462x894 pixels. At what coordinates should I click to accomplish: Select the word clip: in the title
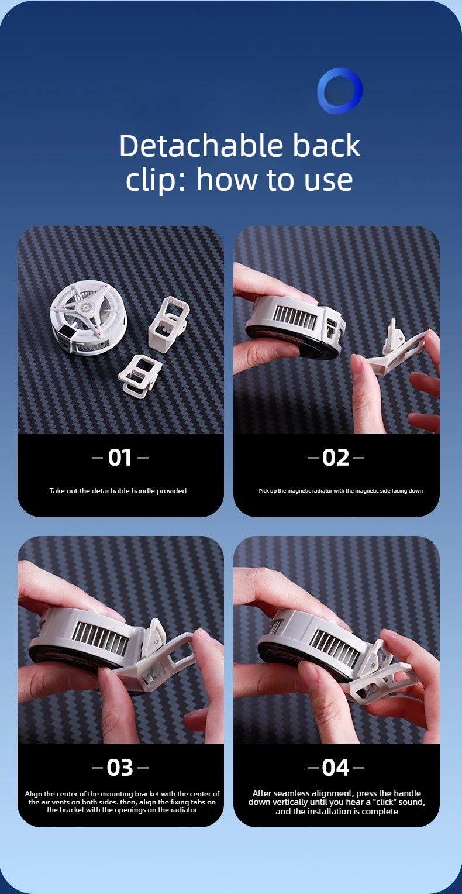coord(157,180)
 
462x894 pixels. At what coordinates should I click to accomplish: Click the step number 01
coord(120,458)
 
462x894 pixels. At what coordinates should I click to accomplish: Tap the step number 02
coord(336,458)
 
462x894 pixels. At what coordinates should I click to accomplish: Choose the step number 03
coord(120,768)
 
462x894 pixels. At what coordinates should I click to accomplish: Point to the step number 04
coord(336,768)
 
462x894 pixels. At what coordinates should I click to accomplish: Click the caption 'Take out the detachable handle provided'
coord(118,490)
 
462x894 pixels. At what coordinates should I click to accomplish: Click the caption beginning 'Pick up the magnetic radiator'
coord(341,490)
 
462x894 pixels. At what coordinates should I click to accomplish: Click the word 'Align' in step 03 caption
coord(33,794)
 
